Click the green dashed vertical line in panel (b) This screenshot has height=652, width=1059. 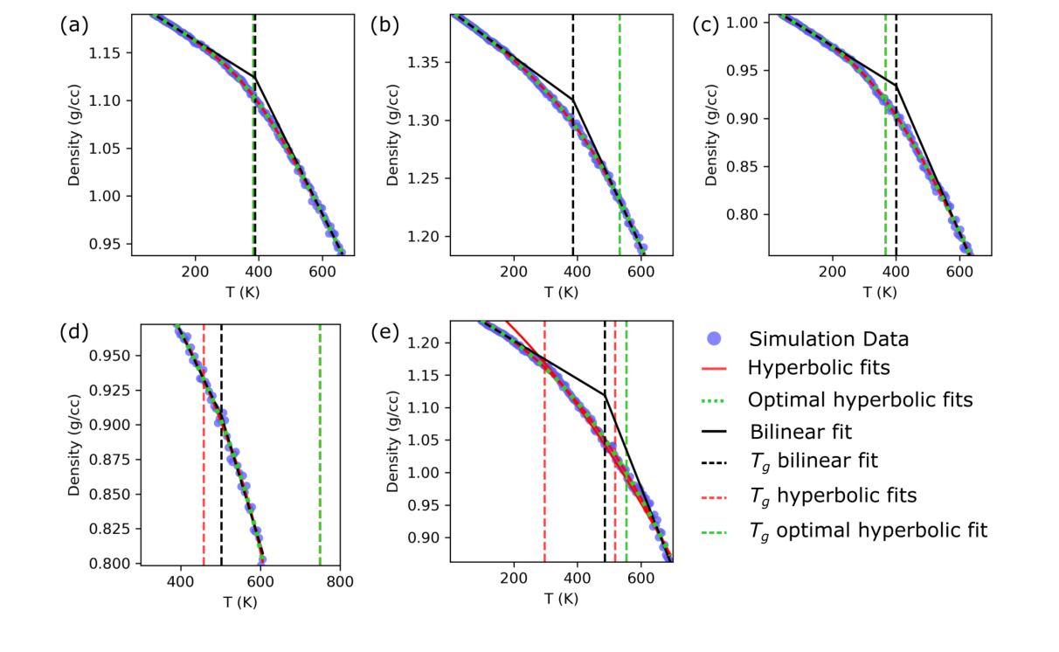[619, 131]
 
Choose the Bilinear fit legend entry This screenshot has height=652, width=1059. [801, 431]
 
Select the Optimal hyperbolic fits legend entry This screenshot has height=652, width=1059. [860, 399]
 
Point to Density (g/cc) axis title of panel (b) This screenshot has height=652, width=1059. [392, 135]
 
